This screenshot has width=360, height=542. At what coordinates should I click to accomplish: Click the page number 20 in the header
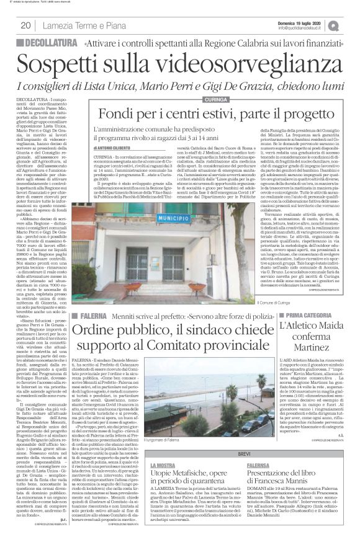27,25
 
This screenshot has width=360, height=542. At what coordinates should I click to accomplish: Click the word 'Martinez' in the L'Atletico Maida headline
305,345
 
